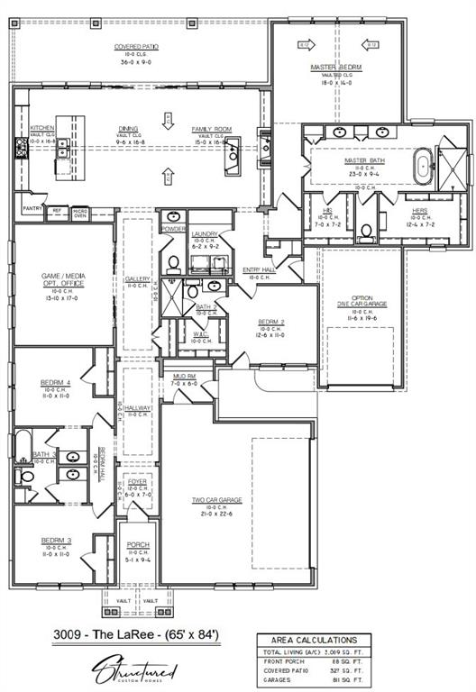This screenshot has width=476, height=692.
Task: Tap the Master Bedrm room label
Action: point(335,68)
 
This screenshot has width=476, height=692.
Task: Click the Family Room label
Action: point(211,129)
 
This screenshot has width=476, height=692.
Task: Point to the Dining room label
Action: point(132,129)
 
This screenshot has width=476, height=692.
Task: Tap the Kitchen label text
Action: point(42,128)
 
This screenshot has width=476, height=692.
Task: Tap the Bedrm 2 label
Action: point(271,322)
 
